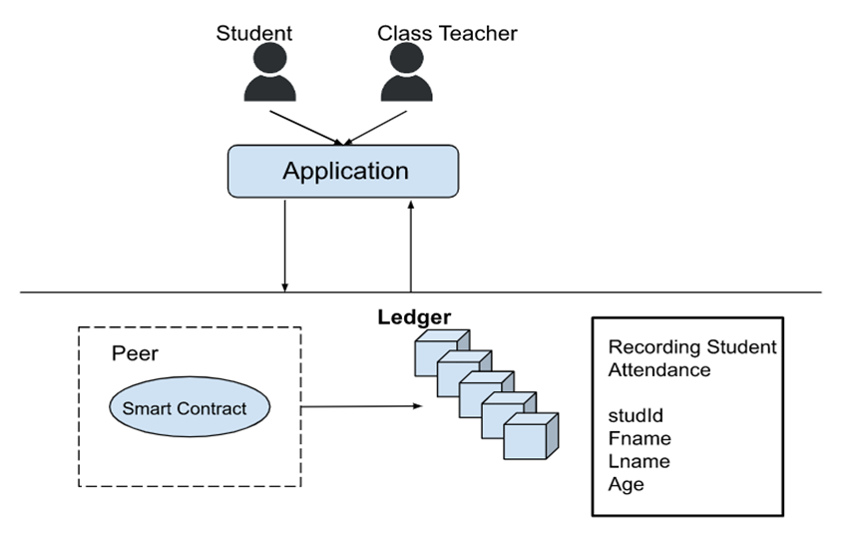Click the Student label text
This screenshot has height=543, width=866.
[x=254, y=33]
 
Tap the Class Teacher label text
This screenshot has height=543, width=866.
[x=447, y=33]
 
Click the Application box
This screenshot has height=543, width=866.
[x=344, y=171]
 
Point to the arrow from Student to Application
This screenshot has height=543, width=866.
[x=306, y=126]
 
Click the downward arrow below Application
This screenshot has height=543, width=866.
[x=285, y=245]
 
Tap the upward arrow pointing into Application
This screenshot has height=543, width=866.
[x=410, y=245]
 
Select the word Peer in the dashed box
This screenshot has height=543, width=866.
[x=135, y=354]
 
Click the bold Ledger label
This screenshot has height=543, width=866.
[x=413, y=317]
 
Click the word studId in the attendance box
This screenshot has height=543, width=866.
[x=636, y=415]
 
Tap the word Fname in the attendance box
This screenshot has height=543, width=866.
[x=639, y=438]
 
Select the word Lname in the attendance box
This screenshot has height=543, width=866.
[x=639, y=461]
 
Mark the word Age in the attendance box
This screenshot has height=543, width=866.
[x=626, y=485]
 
